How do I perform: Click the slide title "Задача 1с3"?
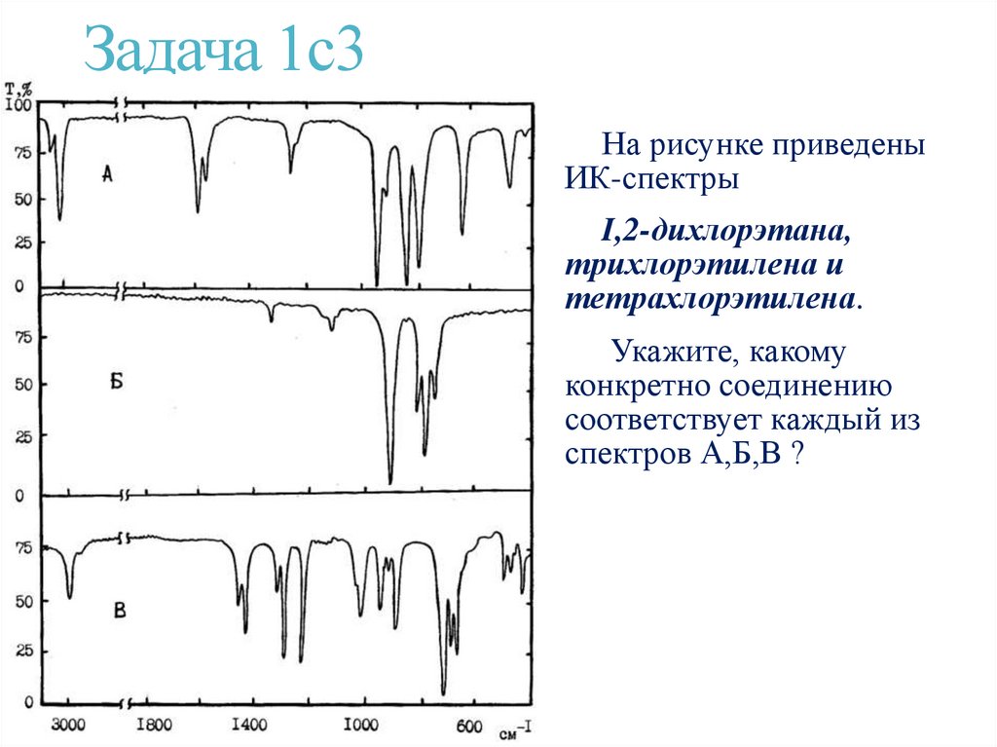click(x=223, y=52)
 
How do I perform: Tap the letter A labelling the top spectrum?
click(x=107, y=175)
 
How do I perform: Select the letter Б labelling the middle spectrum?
click(x=116, y=381)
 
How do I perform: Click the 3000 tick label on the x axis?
click(x=67, y=725)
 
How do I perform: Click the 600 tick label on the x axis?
click(x=470, y=725)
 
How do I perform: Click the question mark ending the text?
click(x=796, y=455)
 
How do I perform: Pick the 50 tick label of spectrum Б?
click(x=21, y=385)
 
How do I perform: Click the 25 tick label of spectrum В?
click(x=21, y=651)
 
